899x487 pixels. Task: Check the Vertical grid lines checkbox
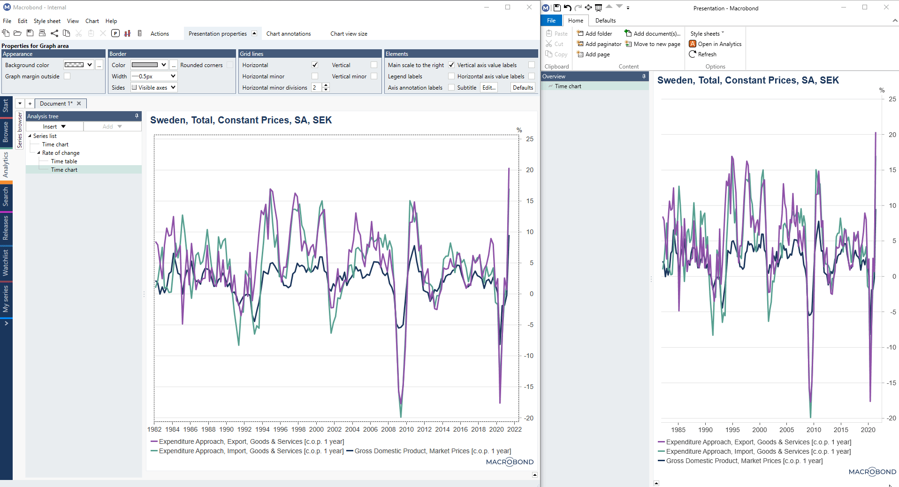coord(374,65)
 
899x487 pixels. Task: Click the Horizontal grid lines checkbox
coord(315,65)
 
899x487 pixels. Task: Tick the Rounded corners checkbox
coord(229,65)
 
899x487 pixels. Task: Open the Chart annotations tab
coord(288,34)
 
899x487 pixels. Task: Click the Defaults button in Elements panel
coord(523,88)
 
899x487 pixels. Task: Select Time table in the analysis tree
coord(64,161)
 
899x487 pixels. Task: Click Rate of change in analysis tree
coord(61,153)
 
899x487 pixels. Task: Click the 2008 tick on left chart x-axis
coord(388,429)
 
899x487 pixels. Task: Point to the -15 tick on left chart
coord(529,387)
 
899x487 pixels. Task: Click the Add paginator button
coord(599,44)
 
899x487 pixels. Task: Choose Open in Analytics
coord(715,44)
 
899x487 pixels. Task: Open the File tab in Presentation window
coord(551,21)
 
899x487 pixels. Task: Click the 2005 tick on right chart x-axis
coord(786,430)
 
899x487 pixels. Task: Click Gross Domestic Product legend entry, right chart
coord(744,461)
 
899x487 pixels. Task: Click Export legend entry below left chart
coord(251,442)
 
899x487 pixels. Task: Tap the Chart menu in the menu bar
coord(92,21)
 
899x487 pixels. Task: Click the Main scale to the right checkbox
coord(451,65)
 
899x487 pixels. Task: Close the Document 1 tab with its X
coord(79,104)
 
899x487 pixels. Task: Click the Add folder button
coord(594,34)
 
